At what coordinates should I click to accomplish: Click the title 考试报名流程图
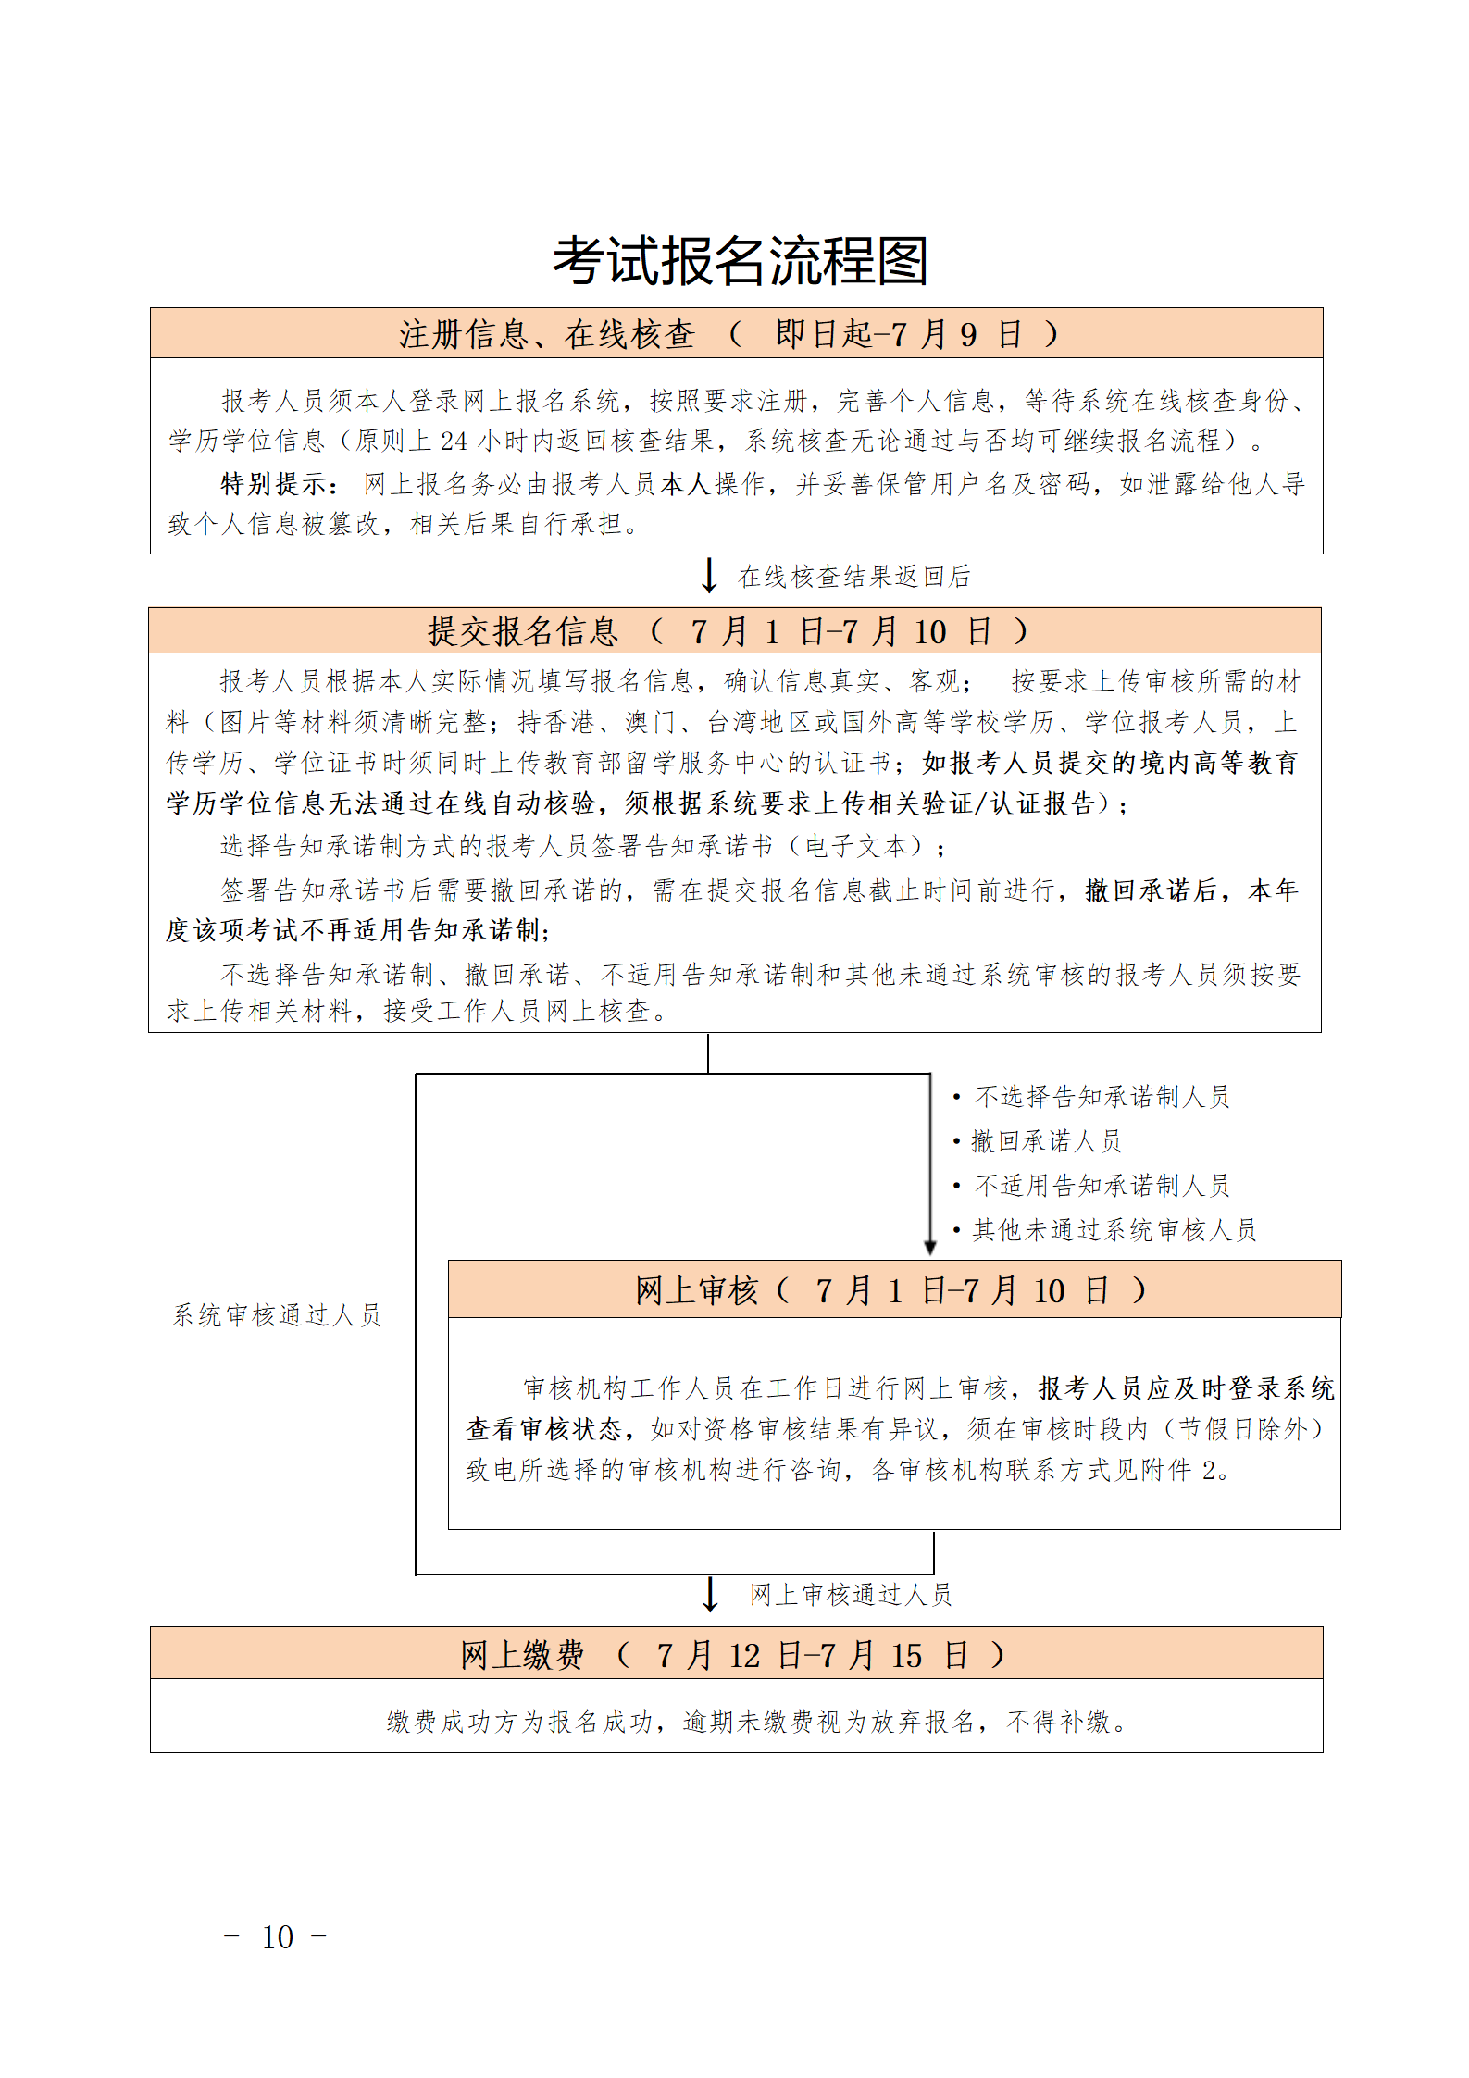click(740, 261)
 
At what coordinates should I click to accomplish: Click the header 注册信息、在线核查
click(546, 334)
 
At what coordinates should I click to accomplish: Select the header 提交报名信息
click(522, 631)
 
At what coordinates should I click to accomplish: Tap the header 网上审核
click(696, 1290)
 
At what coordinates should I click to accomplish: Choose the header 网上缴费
click(522, 1655)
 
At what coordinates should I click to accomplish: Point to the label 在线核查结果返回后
click(853, 577)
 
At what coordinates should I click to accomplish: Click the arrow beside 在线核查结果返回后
click(709, 575)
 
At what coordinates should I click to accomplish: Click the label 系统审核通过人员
click(277, 1315)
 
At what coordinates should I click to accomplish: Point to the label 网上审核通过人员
click(851, 1595)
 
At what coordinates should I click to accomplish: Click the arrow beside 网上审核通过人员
click(710, 1594)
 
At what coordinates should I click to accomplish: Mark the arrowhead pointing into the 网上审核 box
click(930, 1248)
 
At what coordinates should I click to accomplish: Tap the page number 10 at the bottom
click(278, 1937)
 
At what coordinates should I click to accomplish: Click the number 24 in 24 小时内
click(454, 442)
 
